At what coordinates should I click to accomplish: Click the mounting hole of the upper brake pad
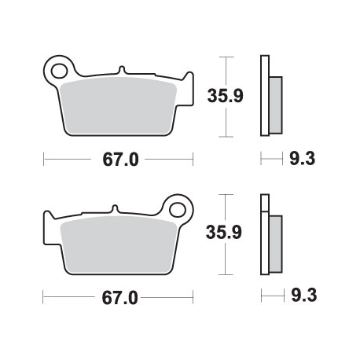[x=58, y=69]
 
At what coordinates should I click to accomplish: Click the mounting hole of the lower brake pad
[x=179, y=211]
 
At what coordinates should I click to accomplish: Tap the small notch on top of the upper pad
[x=123, y=70]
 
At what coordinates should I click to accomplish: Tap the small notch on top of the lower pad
[x=116, y=209]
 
